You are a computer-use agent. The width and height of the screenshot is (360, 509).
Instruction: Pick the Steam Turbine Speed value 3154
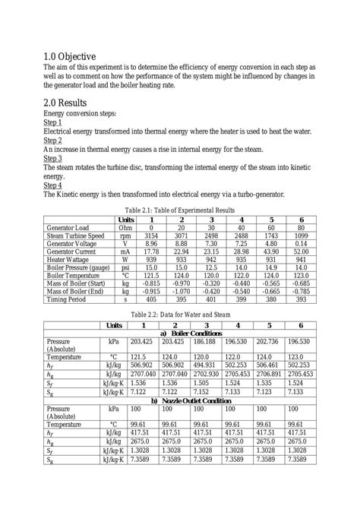coord(151,236)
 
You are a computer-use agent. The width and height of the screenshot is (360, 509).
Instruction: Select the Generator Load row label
coord(68,228)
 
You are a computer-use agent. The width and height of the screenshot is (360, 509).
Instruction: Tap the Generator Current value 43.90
coord(270,251)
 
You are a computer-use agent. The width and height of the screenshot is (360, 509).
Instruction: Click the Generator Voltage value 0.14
coord(301,243)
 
